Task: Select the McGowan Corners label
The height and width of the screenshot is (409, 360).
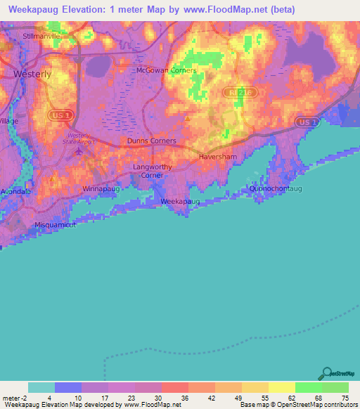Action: pyautogui.click(x=166, y=70)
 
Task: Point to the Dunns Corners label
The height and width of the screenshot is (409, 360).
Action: pyautogui.click(x=151, y=141)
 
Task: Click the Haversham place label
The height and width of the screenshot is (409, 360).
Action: pyautogui.click(x=220, y=157)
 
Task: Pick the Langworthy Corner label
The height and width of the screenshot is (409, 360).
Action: pyautogui.click(x=153, y=171)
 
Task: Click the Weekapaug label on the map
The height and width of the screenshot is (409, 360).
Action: pyautogui.click(x=181, y=202)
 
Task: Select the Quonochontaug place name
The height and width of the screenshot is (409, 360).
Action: pyautogui.click(x=276, y=189)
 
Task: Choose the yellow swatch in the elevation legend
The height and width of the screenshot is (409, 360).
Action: pyautogui.click(x=281, y=387)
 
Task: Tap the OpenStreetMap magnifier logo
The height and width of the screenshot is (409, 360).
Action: pyautogui.click(x=326, y=372)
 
